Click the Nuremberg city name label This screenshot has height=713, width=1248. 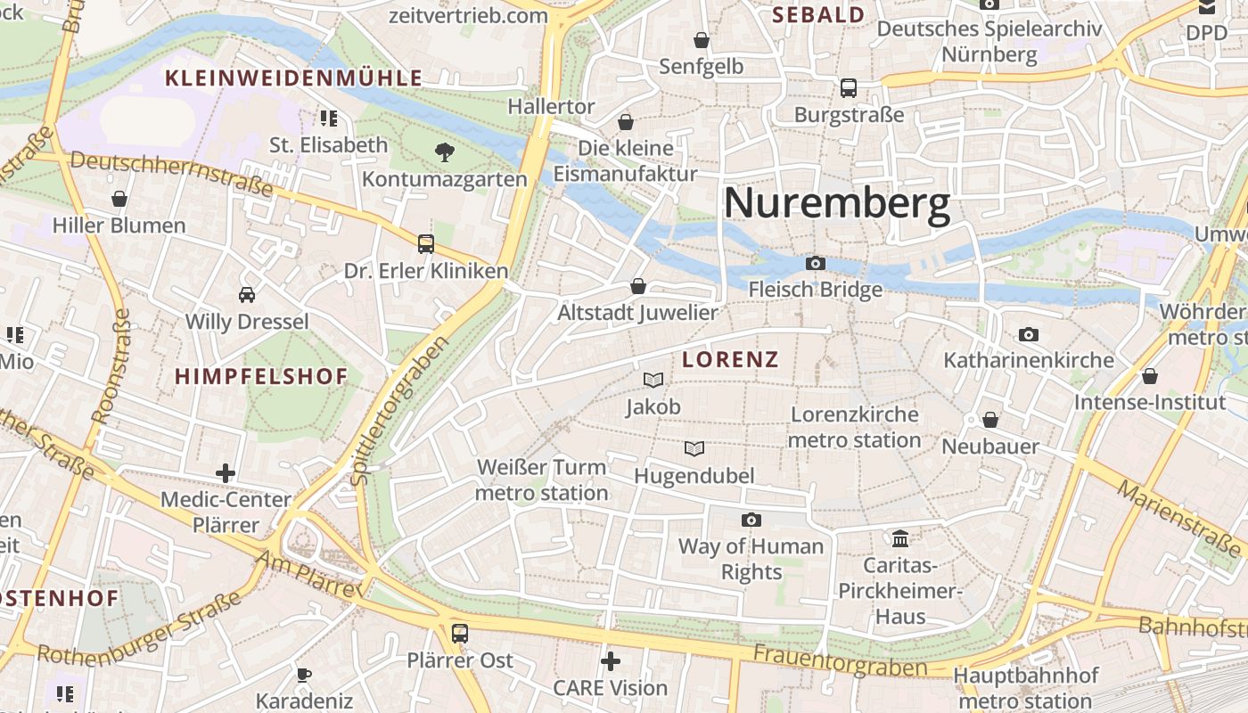[x=836, y=204]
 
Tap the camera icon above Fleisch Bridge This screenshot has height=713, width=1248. [x=815, y=263]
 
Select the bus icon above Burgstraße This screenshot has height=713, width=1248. [x=848, y=88]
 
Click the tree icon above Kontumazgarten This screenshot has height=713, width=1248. [x=444, y=152]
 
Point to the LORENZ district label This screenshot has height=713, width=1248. [x=730, y=360]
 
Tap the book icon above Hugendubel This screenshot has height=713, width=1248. [x=694, y=448]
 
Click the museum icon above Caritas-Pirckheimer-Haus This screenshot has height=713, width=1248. [x=900, y=538]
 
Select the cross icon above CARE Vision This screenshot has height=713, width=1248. [x=611, y=661]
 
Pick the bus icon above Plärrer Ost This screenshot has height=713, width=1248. [x=460, y=634]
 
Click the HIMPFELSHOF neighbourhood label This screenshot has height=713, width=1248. [x=261, y=376]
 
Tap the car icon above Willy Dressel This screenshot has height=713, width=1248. [x=247, y=294]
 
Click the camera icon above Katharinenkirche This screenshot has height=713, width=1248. [x=1029, y=334]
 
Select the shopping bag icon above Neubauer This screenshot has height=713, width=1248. [x=990, y=419]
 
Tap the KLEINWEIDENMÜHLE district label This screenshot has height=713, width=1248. [x=294, y=78]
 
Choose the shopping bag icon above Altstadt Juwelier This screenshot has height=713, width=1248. [x=637, y=286]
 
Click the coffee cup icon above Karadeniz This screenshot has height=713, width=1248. [x=304, y=674]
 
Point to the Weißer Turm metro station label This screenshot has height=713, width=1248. [x=542, y=479]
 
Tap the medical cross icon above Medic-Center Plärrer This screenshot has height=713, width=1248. [x=226, y=472]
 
